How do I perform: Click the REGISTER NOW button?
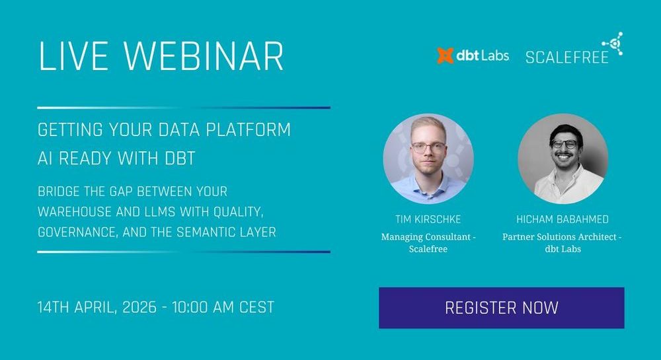(x=501, y=308)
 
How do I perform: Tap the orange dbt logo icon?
(x=445, y=55)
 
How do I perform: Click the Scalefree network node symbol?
(x=613, y=44)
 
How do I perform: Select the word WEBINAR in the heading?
(x=203, y=56)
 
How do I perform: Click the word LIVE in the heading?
(x=73, y=56)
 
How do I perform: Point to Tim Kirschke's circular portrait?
(x=428, y=159)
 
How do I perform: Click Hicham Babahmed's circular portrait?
(x=563, y=159)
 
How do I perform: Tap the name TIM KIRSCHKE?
(x=428, y=219)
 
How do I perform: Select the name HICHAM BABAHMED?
(x=563, y=219)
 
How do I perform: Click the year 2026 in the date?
(x=139, y=307)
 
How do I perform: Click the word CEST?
(x=256, y=307)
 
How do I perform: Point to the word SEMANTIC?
(x=203, y=232)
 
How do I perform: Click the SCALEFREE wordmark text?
(x=567, y=57)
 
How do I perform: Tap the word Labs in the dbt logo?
(x=495, y=55)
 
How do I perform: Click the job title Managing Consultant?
(x=425, y=237)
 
